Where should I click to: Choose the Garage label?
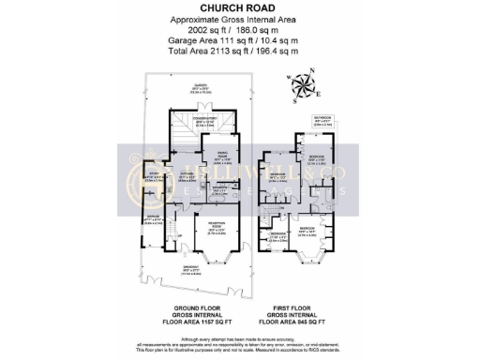(154, 221)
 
